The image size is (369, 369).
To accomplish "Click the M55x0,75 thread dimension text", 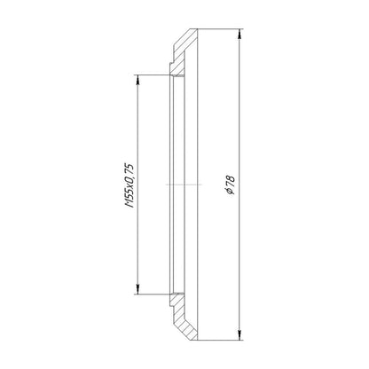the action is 130,184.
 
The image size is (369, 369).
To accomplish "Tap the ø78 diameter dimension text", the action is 230,184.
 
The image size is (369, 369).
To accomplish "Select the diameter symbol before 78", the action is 230,192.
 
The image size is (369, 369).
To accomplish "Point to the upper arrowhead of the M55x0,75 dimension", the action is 137,80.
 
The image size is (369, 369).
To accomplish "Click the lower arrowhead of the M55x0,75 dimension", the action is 137,289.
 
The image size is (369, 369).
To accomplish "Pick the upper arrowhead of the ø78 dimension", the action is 239,34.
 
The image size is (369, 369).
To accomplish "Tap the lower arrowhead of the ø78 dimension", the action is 239,335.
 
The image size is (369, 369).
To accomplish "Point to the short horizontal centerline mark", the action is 184,184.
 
